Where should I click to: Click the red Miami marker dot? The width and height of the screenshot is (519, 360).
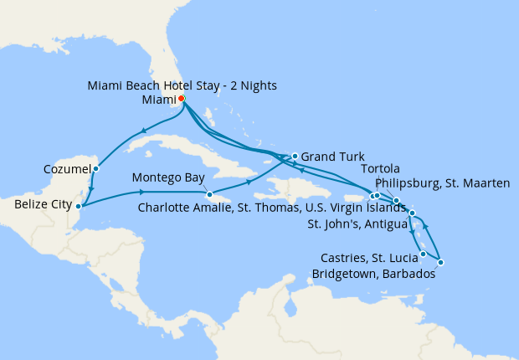click(182, 99)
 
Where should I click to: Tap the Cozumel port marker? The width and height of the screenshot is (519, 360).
click(95, 168)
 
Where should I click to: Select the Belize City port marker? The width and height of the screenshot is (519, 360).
click(78, 205)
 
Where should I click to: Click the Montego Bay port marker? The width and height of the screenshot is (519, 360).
click(209, 195)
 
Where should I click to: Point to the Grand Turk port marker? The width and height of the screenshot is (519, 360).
click(295, 156)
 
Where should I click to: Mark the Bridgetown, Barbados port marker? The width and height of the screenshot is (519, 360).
click(440, 263)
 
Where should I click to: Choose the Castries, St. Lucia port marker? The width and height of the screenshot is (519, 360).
click(423, 254)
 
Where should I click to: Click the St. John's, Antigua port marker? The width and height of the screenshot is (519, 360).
click(412, 213)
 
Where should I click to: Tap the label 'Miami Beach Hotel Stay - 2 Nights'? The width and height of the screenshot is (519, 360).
click(182, 85)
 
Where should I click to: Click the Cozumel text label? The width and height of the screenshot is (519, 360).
click(66, 169)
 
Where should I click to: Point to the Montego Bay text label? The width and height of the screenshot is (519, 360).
click(170, 178)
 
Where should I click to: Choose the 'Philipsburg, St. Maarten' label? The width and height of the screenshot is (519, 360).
click(443, 183)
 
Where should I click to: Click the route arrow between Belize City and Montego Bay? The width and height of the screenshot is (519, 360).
click(138, 193)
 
